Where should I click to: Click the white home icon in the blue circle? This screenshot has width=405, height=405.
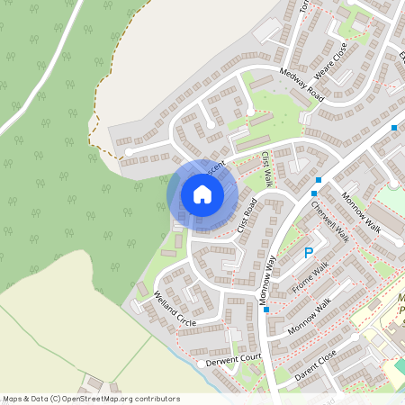202,193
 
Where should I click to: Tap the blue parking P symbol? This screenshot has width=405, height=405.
310,255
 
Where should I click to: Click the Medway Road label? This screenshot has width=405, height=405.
301,83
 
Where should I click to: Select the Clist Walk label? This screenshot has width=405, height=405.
267,169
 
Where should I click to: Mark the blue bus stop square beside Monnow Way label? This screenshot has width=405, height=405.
266,310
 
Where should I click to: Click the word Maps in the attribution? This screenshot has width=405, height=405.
13,399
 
